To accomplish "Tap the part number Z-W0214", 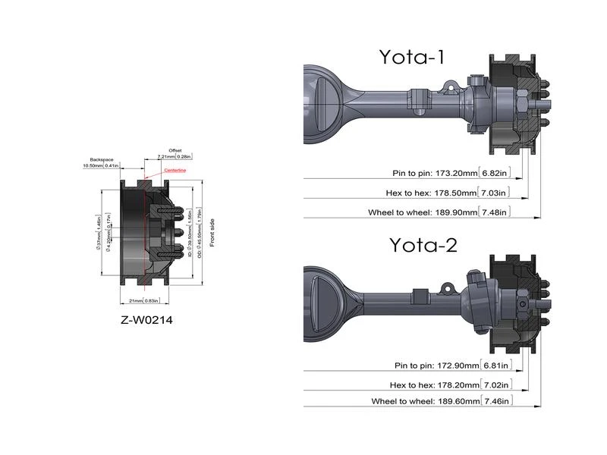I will (x=147, y=320).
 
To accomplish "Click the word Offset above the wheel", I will (x=174, y=150).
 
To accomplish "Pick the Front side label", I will (x=212, y=227).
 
